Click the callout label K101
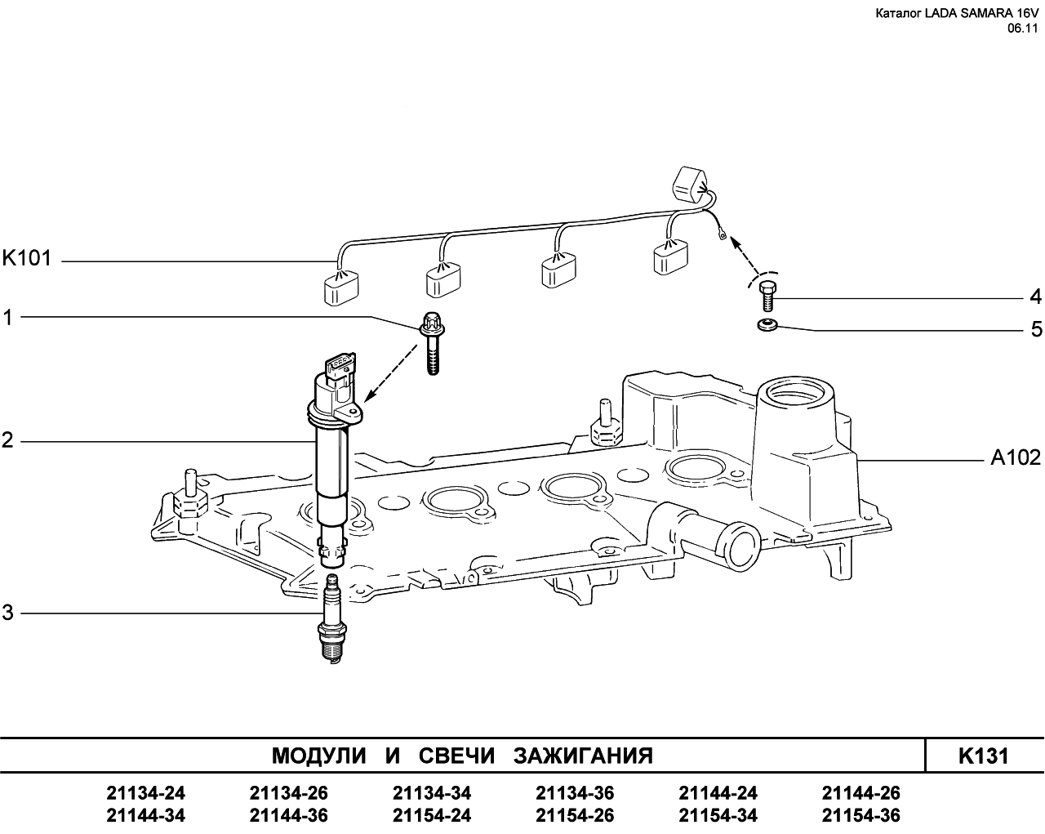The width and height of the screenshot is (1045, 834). point(27,258)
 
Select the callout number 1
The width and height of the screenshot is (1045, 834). point(7,318)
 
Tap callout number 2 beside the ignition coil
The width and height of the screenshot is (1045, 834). point(7,440)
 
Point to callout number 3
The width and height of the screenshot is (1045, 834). point(8,613)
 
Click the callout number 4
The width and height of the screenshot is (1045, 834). point(1035,297)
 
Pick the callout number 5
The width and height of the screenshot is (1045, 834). point(1036,329)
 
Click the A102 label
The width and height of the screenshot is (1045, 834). point(1016,457)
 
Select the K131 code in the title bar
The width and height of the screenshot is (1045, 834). point(983,756)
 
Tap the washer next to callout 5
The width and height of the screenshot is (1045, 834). point(767,323)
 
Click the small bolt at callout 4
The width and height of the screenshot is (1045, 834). point(767,296)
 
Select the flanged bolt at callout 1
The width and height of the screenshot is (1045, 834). point(432,342)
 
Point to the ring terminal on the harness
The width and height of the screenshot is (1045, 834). point(723,237)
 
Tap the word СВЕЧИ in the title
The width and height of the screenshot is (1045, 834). point(456,756)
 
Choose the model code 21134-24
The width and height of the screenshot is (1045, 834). point(145,793)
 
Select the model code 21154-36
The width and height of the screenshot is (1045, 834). point(861,815)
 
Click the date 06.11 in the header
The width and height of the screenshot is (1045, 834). point(1022,29)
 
